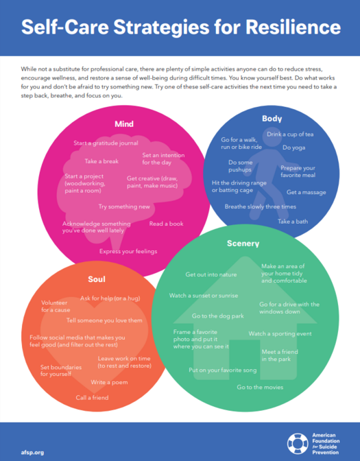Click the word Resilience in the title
click(293, 27)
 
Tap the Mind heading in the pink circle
click(124, 124)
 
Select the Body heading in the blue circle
click(272, 119)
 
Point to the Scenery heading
click(243, 244)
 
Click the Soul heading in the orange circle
click(97, 279)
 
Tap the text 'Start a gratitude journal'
click(106, 143)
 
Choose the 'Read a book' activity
click(167, 224)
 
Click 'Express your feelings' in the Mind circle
click(128, 251)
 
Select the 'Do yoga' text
click(294, 147)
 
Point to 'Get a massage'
click(307, 192)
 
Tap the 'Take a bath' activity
click(293, 222)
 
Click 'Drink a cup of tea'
click(290, 134)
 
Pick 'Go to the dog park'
click(218, 316)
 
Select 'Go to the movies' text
click(260, 387)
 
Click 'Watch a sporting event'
click(280, 333)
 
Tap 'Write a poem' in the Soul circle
click(109, 382)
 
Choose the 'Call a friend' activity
click(93, 398)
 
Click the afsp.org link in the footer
click(32, 453)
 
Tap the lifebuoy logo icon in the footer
click(298, 444)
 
